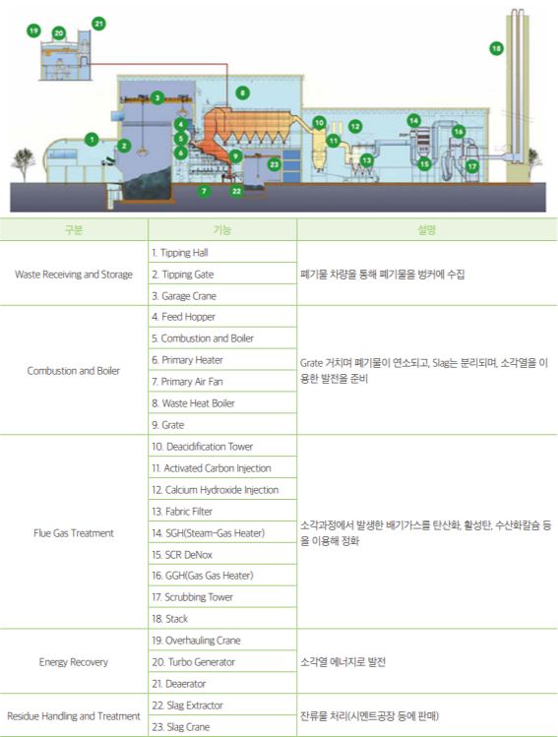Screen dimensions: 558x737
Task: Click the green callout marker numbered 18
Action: [x=496, y=48]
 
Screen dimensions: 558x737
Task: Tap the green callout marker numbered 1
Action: [x=92, y=139]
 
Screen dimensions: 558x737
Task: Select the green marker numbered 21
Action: [x=98, y=24]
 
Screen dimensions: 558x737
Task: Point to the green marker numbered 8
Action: [x=242, y=93]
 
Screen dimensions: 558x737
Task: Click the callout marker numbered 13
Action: [x=367, y=160]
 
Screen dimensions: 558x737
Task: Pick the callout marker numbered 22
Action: [x=236, y=191]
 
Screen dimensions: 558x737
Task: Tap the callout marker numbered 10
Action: [x=319, y=123]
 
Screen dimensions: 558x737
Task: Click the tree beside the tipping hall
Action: [x=23, y=164]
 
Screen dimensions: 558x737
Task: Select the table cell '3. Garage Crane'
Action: [x=222, y=295]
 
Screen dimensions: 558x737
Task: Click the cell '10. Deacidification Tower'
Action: [x=222, y=446]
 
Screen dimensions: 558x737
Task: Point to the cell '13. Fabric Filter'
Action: [x=222, y=511]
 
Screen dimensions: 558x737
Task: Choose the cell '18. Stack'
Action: [x=222, y=619]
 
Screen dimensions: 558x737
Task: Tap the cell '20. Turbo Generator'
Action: [x=222, y=662]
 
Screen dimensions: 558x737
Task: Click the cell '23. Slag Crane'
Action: [x=222, y=726]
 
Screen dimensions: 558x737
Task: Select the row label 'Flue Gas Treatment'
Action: [x=74, y=533]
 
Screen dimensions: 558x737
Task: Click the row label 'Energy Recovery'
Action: [x=74, y=662]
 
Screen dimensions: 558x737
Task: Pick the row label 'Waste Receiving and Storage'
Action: [x=74, y=274]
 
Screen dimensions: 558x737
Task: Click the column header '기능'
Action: [x=222, y=230]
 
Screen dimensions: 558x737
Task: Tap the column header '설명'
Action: [x=427, y=230]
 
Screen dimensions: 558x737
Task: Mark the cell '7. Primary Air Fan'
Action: [x=222, y=381]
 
